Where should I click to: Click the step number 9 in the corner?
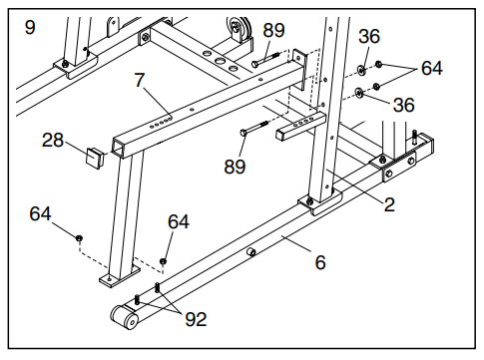tap(30, 27)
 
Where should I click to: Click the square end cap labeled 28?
tap(94, 158)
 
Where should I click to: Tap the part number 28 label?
tap(53, 140)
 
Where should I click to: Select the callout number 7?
tap(140, 80)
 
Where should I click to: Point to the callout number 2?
tap(389, 204)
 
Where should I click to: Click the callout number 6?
tap(320, 262)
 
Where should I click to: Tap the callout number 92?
tap(196, 319)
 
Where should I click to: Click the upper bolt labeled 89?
tap(265, 59)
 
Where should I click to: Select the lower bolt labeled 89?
tap(254, 128)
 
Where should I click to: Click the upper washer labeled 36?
tap(362, 70)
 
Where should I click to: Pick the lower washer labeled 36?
tap(358, 93)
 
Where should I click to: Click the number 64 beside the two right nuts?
tap(432, 68)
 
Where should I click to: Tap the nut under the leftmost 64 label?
tap(79, 238)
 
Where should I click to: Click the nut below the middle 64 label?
tap(163, 261)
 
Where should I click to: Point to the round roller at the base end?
tap(125, 317)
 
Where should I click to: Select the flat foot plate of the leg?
tap(120, 276)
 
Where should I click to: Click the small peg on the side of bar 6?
tap(251, 252)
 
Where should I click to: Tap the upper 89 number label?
tap(273, 30)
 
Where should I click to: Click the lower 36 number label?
tap(404, 105)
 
